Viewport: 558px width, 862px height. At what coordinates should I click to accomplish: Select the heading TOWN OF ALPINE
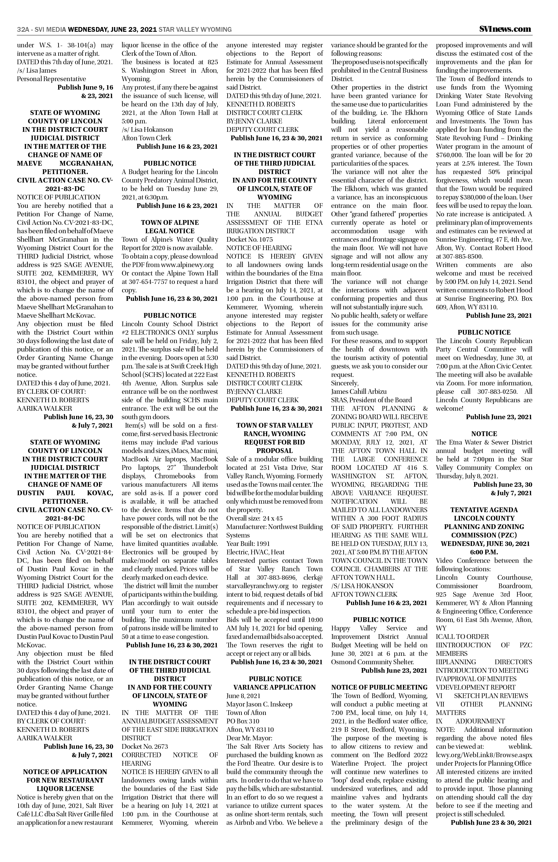[169, 222]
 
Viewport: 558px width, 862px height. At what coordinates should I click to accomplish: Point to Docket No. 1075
[249, 239]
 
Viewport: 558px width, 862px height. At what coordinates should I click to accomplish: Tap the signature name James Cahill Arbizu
[359, 391]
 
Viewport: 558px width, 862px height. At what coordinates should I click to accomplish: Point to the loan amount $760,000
[448, 155]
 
